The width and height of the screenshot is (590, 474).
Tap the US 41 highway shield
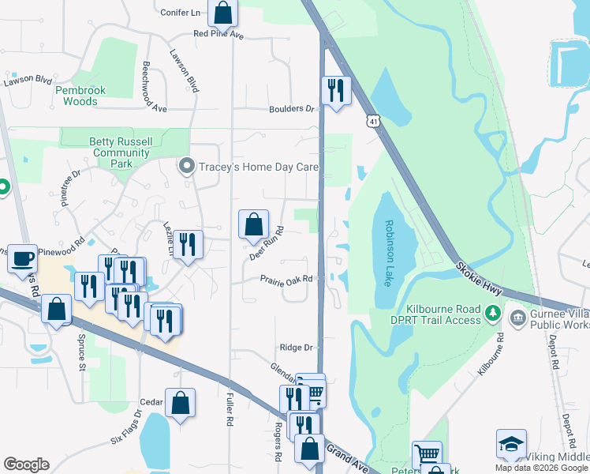pyautogui.click(x=373, y=120)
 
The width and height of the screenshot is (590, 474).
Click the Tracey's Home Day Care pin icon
pyautogui.click(x=187, y=166)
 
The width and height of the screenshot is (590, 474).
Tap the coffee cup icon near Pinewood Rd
pyautogui.click(x=23, y=258)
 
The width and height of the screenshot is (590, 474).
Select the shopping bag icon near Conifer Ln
pyautogui.click(x=223, y=13)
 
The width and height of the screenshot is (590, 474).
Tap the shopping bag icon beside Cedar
pyautogui.click(x=181, y=403)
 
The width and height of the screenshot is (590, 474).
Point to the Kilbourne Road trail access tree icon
pyautogui.click(x=493, y=313)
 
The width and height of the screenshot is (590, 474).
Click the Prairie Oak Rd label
pyautogui.click(x=288, y=279)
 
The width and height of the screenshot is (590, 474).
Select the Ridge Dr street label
pyautogui.click(x=297, y=348)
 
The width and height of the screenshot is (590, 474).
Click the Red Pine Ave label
pyautogui.click(x=219, y=35)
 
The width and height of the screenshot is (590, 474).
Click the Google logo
pyautogui.click(x=26, y=465)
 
